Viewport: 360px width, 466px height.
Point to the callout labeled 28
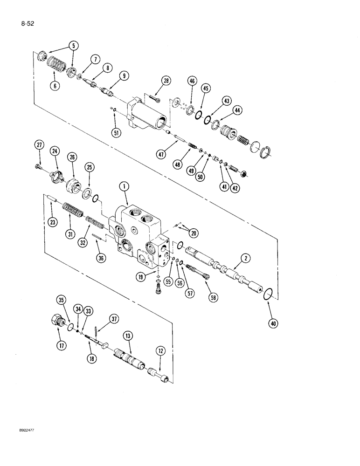pyautogui.click(x=166, y=82)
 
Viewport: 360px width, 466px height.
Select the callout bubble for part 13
pyautogui.click(x=127, y=336)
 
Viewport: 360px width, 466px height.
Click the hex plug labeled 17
pyautogui.click(x=56, y=322)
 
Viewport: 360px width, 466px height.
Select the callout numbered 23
pyautogui.click(x=52, y=222)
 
